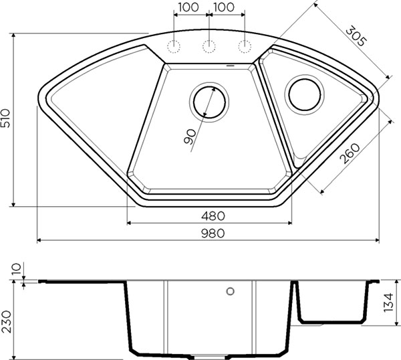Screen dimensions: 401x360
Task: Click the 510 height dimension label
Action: point(5,118)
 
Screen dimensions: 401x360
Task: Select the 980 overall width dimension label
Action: point(213,234)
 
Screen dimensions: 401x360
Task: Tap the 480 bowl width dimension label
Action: point(213,216)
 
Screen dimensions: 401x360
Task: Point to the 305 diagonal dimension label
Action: point(356,36)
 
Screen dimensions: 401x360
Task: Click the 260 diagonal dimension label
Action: point(350,154)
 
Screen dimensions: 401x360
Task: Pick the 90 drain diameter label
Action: point(190,137)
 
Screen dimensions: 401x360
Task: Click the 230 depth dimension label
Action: point(6,322)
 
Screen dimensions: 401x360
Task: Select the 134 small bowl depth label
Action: point(388,302)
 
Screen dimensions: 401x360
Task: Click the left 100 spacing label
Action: point(188,7)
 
